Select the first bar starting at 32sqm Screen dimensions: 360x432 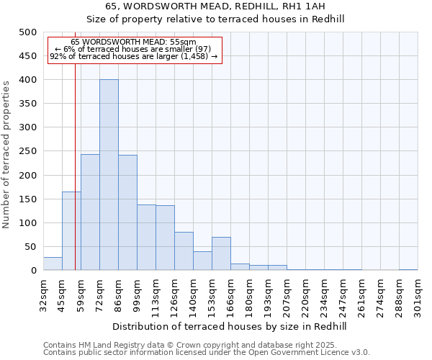(53, 264)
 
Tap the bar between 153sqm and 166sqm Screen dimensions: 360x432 (221, 254)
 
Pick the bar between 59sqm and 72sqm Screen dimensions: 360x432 (90, 212)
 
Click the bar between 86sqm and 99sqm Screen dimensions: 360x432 (127, 213)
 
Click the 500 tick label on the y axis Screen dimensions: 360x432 (27, 32)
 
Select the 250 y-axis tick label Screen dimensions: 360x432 (27, 152)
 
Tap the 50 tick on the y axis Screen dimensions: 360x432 (30, 247)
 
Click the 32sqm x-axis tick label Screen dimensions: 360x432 (43, 295)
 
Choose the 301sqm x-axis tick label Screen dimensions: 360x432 (418, 295)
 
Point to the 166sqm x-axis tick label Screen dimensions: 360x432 (230, 295)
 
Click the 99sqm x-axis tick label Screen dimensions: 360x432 (137, 295)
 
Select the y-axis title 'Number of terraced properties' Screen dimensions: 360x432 (6, 154)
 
